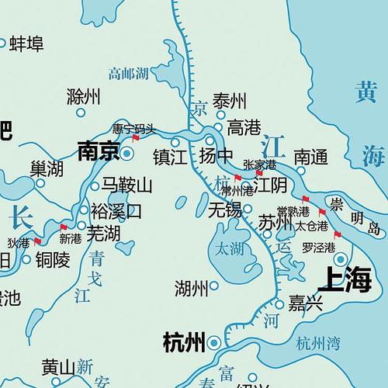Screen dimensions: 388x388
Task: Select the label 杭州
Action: tap(183, 341)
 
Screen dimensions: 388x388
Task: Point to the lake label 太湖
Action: tap(229, 251)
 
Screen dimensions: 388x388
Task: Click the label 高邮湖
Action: tap(128, 74)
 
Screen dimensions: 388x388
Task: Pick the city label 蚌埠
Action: tap(26, 44)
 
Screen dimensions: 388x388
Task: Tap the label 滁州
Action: tap(85, 96)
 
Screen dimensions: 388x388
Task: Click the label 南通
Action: tap(311, 156)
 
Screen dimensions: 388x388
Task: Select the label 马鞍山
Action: tap(128, 185)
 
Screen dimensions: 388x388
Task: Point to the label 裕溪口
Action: tap(116, 210)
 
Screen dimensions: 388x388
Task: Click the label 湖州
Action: tap(192, 289)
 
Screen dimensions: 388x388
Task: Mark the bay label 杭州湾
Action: tap(318, 341)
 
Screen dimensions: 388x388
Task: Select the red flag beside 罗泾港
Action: tap(337, 234)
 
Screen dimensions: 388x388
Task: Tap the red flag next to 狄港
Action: tap(36, 241)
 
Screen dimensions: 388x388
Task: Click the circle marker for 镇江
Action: tap(175, 143)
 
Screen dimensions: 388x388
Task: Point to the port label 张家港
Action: tap(259, 165)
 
